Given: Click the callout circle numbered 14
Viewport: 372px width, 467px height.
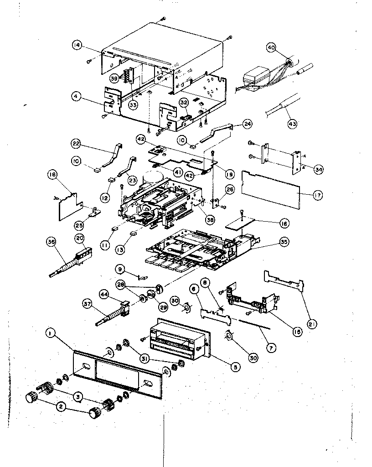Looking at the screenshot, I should (77, 45).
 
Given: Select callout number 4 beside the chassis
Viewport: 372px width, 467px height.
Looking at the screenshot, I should (77, 96).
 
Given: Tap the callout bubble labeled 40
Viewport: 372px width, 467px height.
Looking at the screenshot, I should (271, 47).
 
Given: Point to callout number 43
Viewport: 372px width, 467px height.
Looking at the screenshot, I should (292, 123).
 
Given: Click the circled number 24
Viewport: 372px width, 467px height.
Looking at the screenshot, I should (247, 124).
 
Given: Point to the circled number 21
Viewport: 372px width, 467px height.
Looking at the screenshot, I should (313, 324).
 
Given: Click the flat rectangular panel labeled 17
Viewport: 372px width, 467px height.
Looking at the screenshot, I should (271, 189).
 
